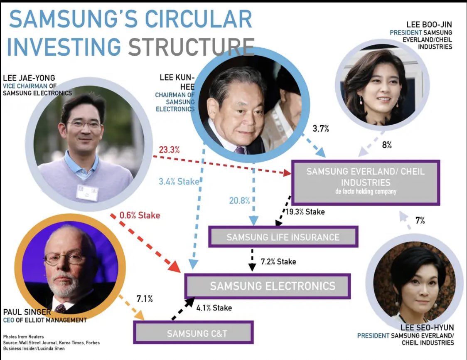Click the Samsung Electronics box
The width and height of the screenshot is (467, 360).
click(267, 286)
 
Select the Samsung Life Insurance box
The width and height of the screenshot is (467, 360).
click(283, 237)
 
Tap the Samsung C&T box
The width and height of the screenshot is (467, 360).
click(193, 333)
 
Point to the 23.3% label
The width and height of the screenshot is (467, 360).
click(169, 150)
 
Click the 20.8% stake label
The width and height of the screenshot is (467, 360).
click(239, 201)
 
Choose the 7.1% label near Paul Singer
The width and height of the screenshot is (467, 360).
click(145, 298)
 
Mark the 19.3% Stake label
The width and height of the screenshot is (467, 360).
click(305, 212)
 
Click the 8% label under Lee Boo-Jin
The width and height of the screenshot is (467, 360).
click(386, 145)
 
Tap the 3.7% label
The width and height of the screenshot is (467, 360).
click(320, 129)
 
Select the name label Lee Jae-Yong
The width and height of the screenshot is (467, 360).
click(29, 78)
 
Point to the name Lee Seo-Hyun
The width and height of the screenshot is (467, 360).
click(428, 328)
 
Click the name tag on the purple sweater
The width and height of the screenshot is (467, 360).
click(87, 192)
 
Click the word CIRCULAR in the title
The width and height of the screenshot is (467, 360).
click(186, 20)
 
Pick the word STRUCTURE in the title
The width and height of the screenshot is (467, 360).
click(191, 47)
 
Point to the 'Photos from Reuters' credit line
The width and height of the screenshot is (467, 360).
click(23, 337)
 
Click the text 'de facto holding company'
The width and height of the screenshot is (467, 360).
click(366, 192)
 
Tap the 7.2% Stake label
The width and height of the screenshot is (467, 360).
click(278, 261)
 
